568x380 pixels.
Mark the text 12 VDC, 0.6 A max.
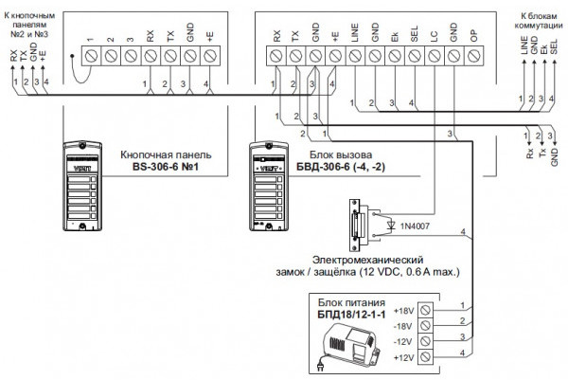(414, 272)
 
